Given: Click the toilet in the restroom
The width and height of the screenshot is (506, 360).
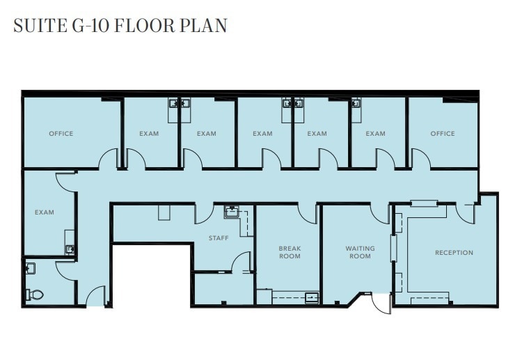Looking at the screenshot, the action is click(35, 294).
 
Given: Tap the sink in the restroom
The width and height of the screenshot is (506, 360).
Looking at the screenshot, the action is click(30, 268).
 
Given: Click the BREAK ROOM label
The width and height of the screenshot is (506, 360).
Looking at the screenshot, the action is click(290, 252).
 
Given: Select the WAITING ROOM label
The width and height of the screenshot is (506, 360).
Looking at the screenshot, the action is click(360, 252).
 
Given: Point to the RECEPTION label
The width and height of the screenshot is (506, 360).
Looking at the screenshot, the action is click(454, 253).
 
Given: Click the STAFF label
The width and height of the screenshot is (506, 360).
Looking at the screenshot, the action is click(219, 238).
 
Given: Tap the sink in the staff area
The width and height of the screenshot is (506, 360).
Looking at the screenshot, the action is click(232, 212).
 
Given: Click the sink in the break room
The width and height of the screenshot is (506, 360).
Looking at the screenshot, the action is click(312, 297).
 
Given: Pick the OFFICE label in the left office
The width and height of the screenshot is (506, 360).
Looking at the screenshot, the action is click(61, 133).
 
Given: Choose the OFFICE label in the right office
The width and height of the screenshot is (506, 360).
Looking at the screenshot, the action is click(443, 133).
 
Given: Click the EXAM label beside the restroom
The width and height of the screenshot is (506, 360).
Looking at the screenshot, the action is click(45, 212).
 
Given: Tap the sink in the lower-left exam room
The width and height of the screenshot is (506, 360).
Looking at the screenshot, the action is click(70, 249).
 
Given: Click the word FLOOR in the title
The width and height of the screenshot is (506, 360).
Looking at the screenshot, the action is click(143, 26).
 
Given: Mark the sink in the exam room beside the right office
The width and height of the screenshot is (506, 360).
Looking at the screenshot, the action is click(356, 103).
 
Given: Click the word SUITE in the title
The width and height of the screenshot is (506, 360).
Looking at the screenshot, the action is click(40, 26).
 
